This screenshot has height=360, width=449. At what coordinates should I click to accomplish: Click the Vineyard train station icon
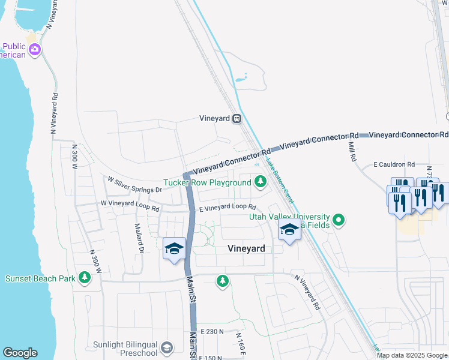click(x=237, y=118)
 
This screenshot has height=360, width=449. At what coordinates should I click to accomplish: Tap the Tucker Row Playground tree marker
click(x=260, y=181)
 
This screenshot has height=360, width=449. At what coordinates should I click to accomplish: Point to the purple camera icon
click(x=35, y=50)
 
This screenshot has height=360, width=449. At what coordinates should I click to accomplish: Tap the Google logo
click(x=20, y=353)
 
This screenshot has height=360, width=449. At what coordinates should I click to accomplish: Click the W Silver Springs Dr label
click(x=134, y=185)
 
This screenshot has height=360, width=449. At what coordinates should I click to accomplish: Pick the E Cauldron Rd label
click(x=394, y=164)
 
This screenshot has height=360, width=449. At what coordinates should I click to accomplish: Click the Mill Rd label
click(x=351, y=151)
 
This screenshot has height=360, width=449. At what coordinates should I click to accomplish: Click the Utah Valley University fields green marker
click(x=339, y=220)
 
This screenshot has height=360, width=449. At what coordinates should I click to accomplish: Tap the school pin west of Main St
click(x=174, y=249)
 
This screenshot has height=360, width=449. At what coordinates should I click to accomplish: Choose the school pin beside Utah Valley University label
click(x=289, y=230)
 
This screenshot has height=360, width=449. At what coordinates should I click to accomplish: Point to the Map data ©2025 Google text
click(x=412, y=355)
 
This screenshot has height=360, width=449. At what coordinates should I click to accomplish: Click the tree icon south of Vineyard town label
click(x=223, y=280)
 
